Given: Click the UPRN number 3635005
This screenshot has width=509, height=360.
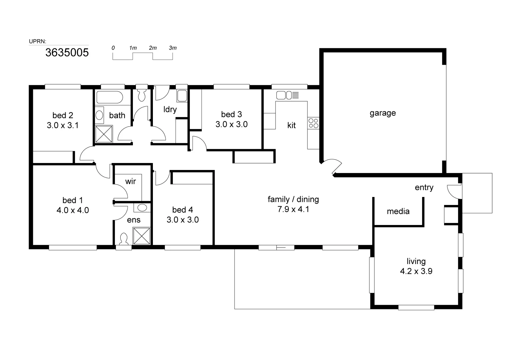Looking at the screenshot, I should coord(67,53).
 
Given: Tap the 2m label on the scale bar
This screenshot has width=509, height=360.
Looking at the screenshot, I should coord(153,48).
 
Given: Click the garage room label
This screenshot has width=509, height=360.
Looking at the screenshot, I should coord(382,113).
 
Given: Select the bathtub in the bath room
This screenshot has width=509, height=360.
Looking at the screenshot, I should coord(110,98).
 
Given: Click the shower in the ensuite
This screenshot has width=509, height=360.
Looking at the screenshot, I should coord(142,236).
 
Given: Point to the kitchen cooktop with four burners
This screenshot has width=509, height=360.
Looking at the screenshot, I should coord(313,123).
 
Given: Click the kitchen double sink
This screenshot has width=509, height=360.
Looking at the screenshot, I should coord(284,95).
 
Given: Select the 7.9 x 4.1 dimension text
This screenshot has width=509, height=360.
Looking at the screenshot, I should coord(293,210).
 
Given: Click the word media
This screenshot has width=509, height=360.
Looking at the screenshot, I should coord(398,211).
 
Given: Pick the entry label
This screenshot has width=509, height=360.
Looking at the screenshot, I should coord(424,188).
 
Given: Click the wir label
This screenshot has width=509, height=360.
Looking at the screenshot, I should coord(130,181).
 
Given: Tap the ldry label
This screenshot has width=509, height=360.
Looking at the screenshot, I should coord(170,109).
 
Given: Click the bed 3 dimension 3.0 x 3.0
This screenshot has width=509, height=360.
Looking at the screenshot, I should coord(231,125).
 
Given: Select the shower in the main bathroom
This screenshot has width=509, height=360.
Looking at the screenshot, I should coord(104,134).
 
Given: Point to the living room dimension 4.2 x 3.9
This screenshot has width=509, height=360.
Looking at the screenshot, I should coord(416,271).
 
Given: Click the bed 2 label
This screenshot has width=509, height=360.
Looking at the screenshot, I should coord(63,116).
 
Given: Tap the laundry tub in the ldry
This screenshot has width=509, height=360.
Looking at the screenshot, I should coord(182,96).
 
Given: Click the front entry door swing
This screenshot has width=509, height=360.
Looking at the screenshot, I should coord(453,192).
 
